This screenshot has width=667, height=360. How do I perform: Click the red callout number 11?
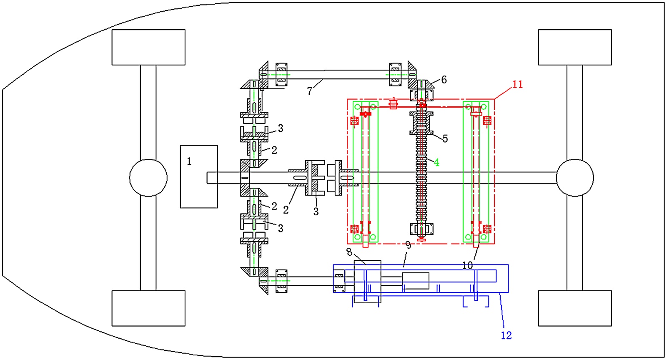pos(517,85)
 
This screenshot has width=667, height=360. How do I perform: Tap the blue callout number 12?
pos(506,335)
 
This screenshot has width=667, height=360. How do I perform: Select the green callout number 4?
pos(436,162)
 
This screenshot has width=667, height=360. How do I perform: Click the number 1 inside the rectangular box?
pos(189,161)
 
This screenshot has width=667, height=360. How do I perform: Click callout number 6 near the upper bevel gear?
pos(444,80)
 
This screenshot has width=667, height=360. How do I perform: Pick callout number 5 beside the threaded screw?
pos(445,138)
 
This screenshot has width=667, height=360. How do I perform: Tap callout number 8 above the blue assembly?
pos(349,252)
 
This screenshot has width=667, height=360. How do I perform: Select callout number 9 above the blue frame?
pos(408,246)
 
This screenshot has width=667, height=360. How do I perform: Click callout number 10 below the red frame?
pos(467,265)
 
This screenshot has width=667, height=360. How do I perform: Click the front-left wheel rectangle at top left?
pos(148,48)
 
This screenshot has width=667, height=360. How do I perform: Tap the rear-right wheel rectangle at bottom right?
pos(575,308)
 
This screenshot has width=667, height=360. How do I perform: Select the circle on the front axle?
pos(148,178)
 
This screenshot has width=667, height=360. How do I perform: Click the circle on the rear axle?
pos(575,178)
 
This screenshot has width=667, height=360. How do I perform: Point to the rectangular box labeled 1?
pos(199,177)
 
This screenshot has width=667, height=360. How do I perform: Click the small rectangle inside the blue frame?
pos(416,281)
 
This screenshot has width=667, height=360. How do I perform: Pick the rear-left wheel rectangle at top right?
pos(575,48)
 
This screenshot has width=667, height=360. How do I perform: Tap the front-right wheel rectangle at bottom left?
pos(148,308)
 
